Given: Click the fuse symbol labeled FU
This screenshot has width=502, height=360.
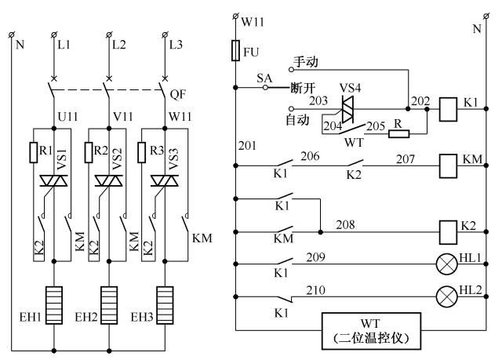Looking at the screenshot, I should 236,52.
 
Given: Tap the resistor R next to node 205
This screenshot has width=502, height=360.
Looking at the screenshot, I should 399,133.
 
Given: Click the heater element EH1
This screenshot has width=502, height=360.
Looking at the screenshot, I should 53,300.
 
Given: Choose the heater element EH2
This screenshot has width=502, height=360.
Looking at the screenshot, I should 109,300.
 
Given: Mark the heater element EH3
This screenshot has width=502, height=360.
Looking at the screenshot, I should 165,300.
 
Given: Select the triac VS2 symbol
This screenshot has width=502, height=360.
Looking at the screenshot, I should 108,181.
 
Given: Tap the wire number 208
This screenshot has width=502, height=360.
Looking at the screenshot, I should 346,224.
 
